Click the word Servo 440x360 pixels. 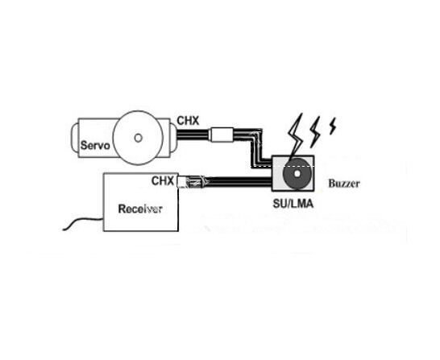95,146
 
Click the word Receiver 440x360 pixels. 140,209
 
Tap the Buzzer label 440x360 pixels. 344,184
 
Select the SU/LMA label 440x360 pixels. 293,204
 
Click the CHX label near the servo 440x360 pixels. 188,121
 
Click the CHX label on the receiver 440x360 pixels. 163,181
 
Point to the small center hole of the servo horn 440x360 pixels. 138,138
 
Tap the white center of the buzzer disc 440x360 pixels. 297,174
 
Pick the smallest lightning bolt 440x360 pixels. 333,126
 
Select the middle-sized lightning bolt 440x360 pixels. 315,132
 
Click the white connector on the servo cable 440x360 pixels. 222,134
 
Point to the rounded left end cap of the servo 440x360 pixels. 75,138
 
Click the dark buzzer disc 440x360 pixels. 297,174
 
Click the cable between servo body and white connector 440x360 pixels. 193,134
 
